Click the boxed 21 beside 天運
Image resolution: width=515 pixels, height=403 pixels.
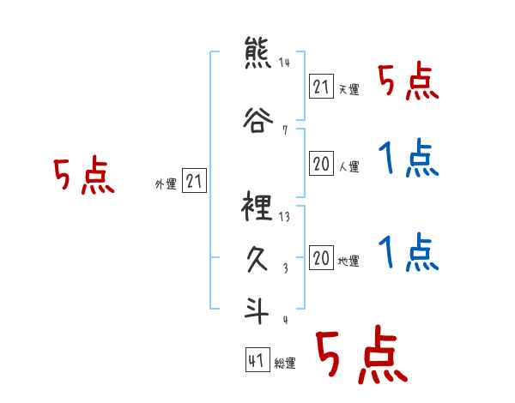321,87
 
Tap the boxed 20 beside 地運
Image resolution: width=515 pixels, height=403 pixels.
321,258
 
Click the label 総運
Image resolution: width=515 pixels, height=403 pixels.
284,364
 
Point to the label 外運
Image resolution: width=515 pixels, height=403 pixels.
165,184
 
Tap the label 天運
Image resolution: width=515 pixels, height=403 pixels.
348,89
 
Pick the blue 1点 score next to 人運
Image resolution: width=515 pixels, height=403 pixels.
409,160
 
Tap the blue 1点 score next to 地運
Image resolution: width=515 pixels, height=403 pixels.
409,253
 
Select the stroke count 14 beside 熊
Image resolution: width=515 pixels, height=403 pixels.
285,63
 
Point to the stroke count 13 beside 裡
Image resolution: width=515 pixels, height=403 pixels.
285,217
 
